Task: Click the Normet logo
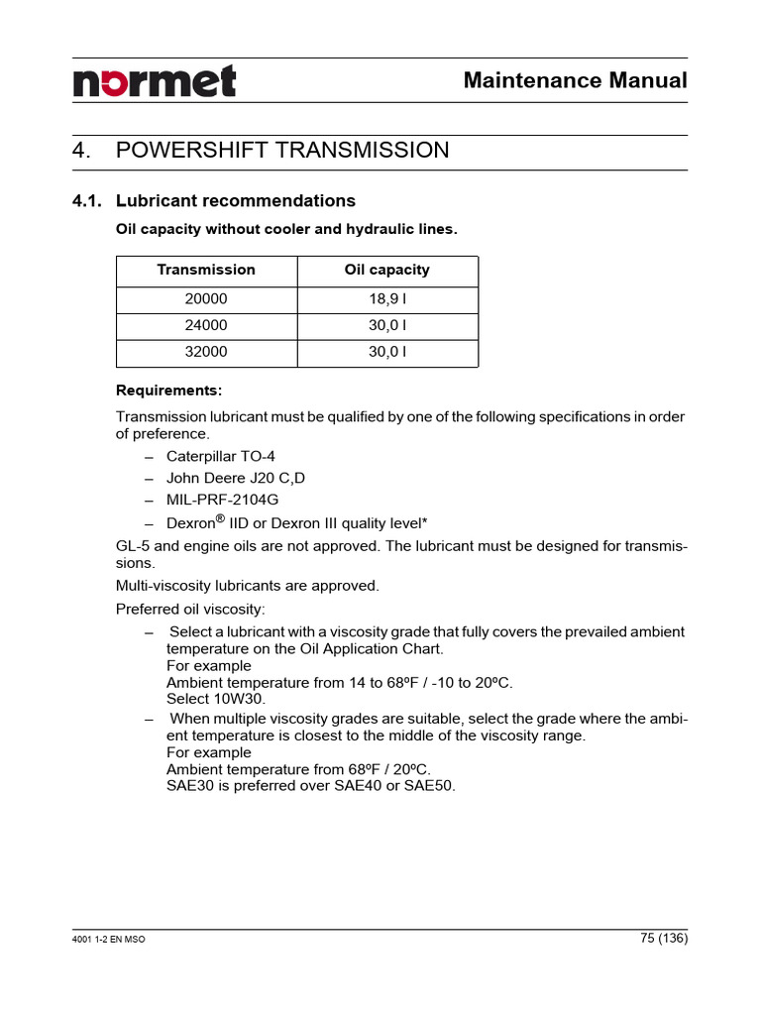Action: click(x=155, y=81)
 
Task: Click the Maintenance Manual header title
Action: click(x=575, y=80)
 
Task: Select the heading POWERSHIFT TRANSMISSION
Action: click(x=281, y=151)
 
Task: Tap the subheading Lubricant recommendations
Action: click(x=235, y=201)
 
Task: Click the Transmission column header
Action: click(x=206, y=270)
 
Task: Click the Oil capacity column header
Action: click(x=386, y=270)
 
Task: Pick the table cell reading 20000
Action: click(x=206, y=298)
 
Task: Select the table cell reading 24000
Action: click(x=206, y=325)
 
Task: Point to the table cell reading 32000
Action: click(x=206, y=352)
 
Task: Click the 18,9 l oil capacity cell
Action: click(x=386, y=298)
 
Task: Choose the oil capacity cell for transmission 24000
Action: click(x=386, y=325)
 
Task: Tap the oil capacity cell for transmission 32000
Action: click(x=386, y=352)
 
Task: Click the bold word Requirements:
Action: click(x=169, y=390)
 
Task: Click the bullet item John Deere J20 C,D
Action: click(x=236, y=478)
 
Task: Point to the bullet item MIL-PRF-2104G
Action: click(x=215, y=500)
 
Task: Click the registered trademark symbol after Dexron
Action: click(x=220, y=517)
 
